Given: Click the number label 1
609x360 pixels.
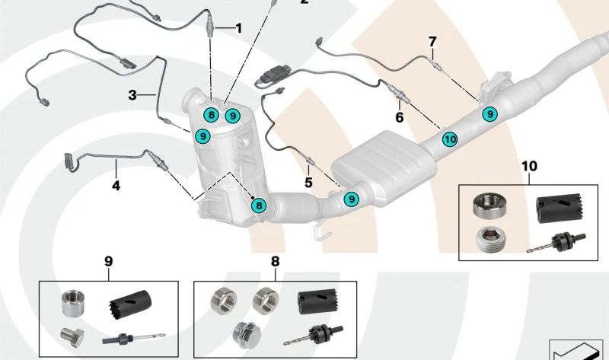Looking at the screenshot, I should (x=238, y=29).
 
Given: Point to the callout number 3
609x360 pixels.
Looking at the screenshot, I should (x=132, y=95).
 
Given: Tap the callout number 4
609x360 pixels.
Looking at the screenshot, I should (x=116, y=185).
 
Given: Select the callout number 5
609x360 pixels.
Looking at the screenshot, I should (x=308, y=183).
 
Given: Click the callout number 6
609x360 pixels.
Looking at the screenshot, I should (x=398, y=117).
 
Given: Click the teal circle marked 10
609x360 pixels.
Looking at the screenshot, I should (x=449, y=139).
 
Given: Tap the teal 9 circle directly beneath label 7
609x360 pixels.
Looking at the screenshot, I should (x=491, y=113).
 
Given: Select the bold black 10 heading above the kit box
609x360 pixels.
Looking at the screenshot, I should (x=529, y=165).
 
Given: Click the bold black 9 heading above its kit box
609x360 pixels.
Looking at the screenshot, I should (x=108, y=261).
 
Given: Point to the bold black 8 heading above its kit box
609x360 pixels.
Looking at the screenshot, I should (x=275, y=261).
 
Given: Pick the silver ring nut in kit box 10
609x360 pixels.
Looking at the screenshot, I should (x=487, y=204).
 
